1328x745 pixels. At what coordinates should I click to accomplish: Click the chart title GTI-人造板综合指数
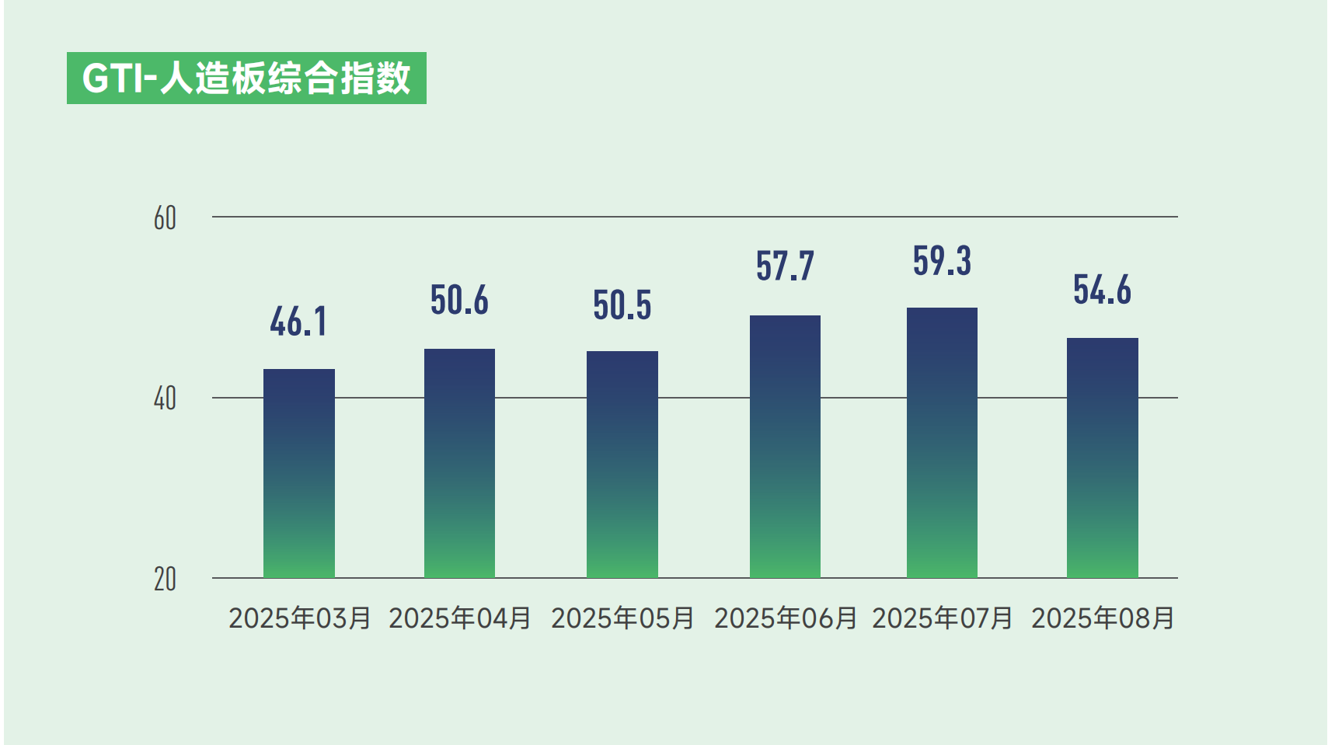[x=246, y=78]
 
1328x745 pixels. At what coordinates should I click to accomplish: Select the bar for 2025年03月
[x=299, y=473]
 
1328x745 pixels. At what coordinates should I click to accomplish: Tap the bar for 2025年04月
[x=459, y=463]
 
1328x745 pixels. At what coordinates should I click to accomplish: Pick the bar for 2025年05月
[x=622, y=464]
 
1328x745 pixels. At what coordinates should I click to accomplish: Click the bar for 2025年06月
[x=785, y=446]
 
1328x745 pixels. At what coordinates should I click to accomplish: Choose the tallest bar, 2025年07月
[x=942, y=442]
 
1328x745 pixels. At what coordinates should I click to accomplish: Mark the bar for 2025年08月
[x=1102, y=458]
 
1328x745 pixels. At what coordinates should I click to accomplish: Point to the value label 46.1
[x=299, y=322]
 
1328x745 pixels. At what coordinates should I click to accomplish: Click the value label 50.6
[x=459, y=301]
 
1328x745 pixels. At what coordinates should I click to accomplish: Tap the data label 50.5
[x=622, y=305]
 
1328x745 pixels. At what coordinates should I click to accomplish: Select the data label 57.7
[x=785, y=266]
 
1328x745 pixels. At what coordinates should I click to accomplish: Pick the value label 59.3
[x=942, y=261]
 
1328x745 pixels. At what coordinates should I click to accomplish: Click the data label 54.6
[x=1102, y=291]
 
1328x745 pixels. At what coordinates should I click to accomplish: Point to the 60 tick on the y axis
[x=165, y=218]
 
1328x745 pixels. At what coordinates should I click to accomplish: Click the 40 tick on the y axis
[x=165, y=399]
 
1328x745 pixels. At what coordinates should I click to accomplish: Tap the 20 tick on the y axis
[x=165, y=580]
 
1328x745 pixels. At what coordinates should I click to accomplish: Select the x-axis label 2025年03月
[x=300, y=618]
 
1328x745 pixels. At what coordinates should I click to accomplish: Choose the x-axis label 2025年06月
[x=786, y=618]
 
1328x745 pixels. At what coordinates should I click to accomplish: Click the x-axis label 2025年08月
[x=1103, y=618]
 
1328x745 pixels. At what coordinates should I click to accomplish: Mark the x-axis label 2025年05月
[x=622, y=618]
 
